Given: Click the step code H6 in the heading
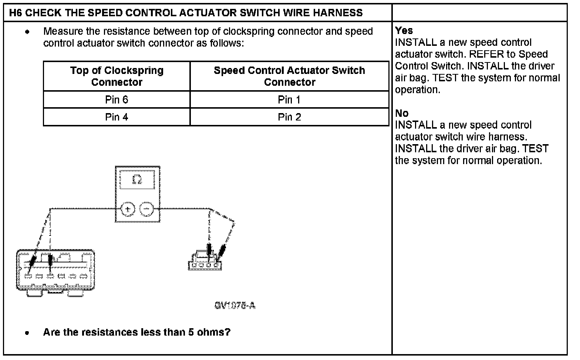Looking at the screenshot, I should point(15,13).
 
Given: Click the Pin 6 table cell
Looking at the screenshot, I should point(117,100).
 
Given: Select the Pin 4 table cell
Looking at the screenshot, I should point(117,117).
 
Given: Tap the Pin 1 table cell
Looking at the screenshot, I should point(289,100).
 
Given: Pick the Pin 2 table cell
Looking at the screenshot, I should point(289,117).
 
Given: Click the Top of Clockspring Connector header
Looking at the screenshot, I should point(117,76).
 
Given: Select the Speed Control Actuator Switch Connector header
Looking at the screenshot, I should point(289,76).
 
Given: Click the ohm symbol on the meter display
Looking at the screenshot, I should point(137,180).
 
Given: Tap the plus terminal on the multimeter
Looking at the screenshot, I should point(128,209).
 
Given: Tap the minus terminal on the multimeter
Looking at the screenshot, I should point(147,209).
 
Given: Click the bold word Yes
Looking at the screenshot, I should point(404,31).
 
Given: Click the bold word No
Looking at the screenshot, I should point(402,113).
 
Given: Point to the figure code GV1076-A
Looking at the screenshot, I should point(235,306).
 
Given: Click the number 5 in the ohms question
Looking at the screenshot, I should point(191,332).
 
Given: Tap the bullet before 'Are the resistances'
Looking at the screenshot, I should point(27,333).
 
